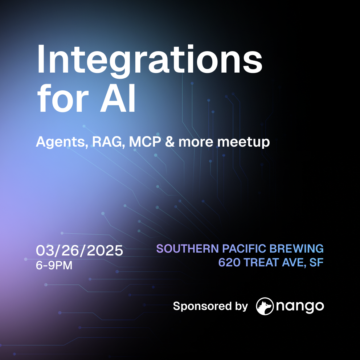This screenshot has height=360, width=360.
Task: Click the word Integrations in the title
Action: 150,61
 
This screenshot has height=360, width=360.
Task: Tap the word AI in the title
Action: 118,98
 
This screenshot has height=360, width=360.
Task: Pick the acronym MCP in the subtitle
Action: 145,142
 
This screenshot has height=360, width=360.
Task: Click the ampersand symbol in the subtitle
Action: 170,142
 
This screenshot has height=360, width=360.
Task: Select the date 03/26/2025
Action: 79,250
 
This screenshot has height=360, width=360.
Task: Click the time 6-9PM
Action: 54,265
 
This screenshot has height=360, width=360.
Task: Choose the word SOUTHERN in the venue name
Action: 188,249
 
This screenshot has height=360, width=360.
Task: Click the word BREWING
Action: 296,249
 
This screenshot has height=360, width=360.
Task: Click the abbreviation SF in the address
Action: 316,262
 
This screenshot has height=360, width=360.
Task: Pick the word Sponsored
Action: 202,306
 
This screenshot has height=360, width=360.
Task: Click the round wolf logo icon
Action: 265,306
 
